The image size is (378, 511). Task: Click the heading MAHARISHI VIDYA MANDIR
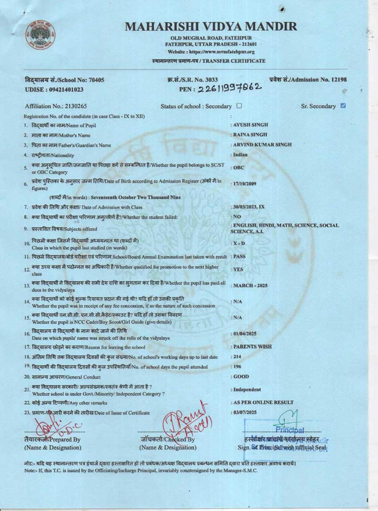tap(211, 26)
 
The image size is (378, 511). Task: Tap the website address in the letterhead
tap(211, 51)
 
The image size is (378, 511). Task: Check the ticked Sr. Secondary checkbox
tap(343, 106)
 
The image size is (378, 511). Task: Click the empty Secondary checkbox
tap(239, 106)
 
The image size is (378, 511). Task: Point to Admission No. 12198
tap(308, 79)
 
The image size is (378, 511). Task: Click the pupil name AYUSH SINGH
tap(251, 125)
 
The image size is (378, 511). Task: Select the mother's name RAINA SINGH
tap(250, 134)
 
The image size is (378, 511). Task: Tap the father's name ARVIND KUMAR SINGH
tap(262, 144)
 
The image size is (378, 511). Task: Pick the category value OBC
tap(239, 167)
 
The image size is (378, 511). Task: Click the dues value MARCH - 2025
tap(250, 285)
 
